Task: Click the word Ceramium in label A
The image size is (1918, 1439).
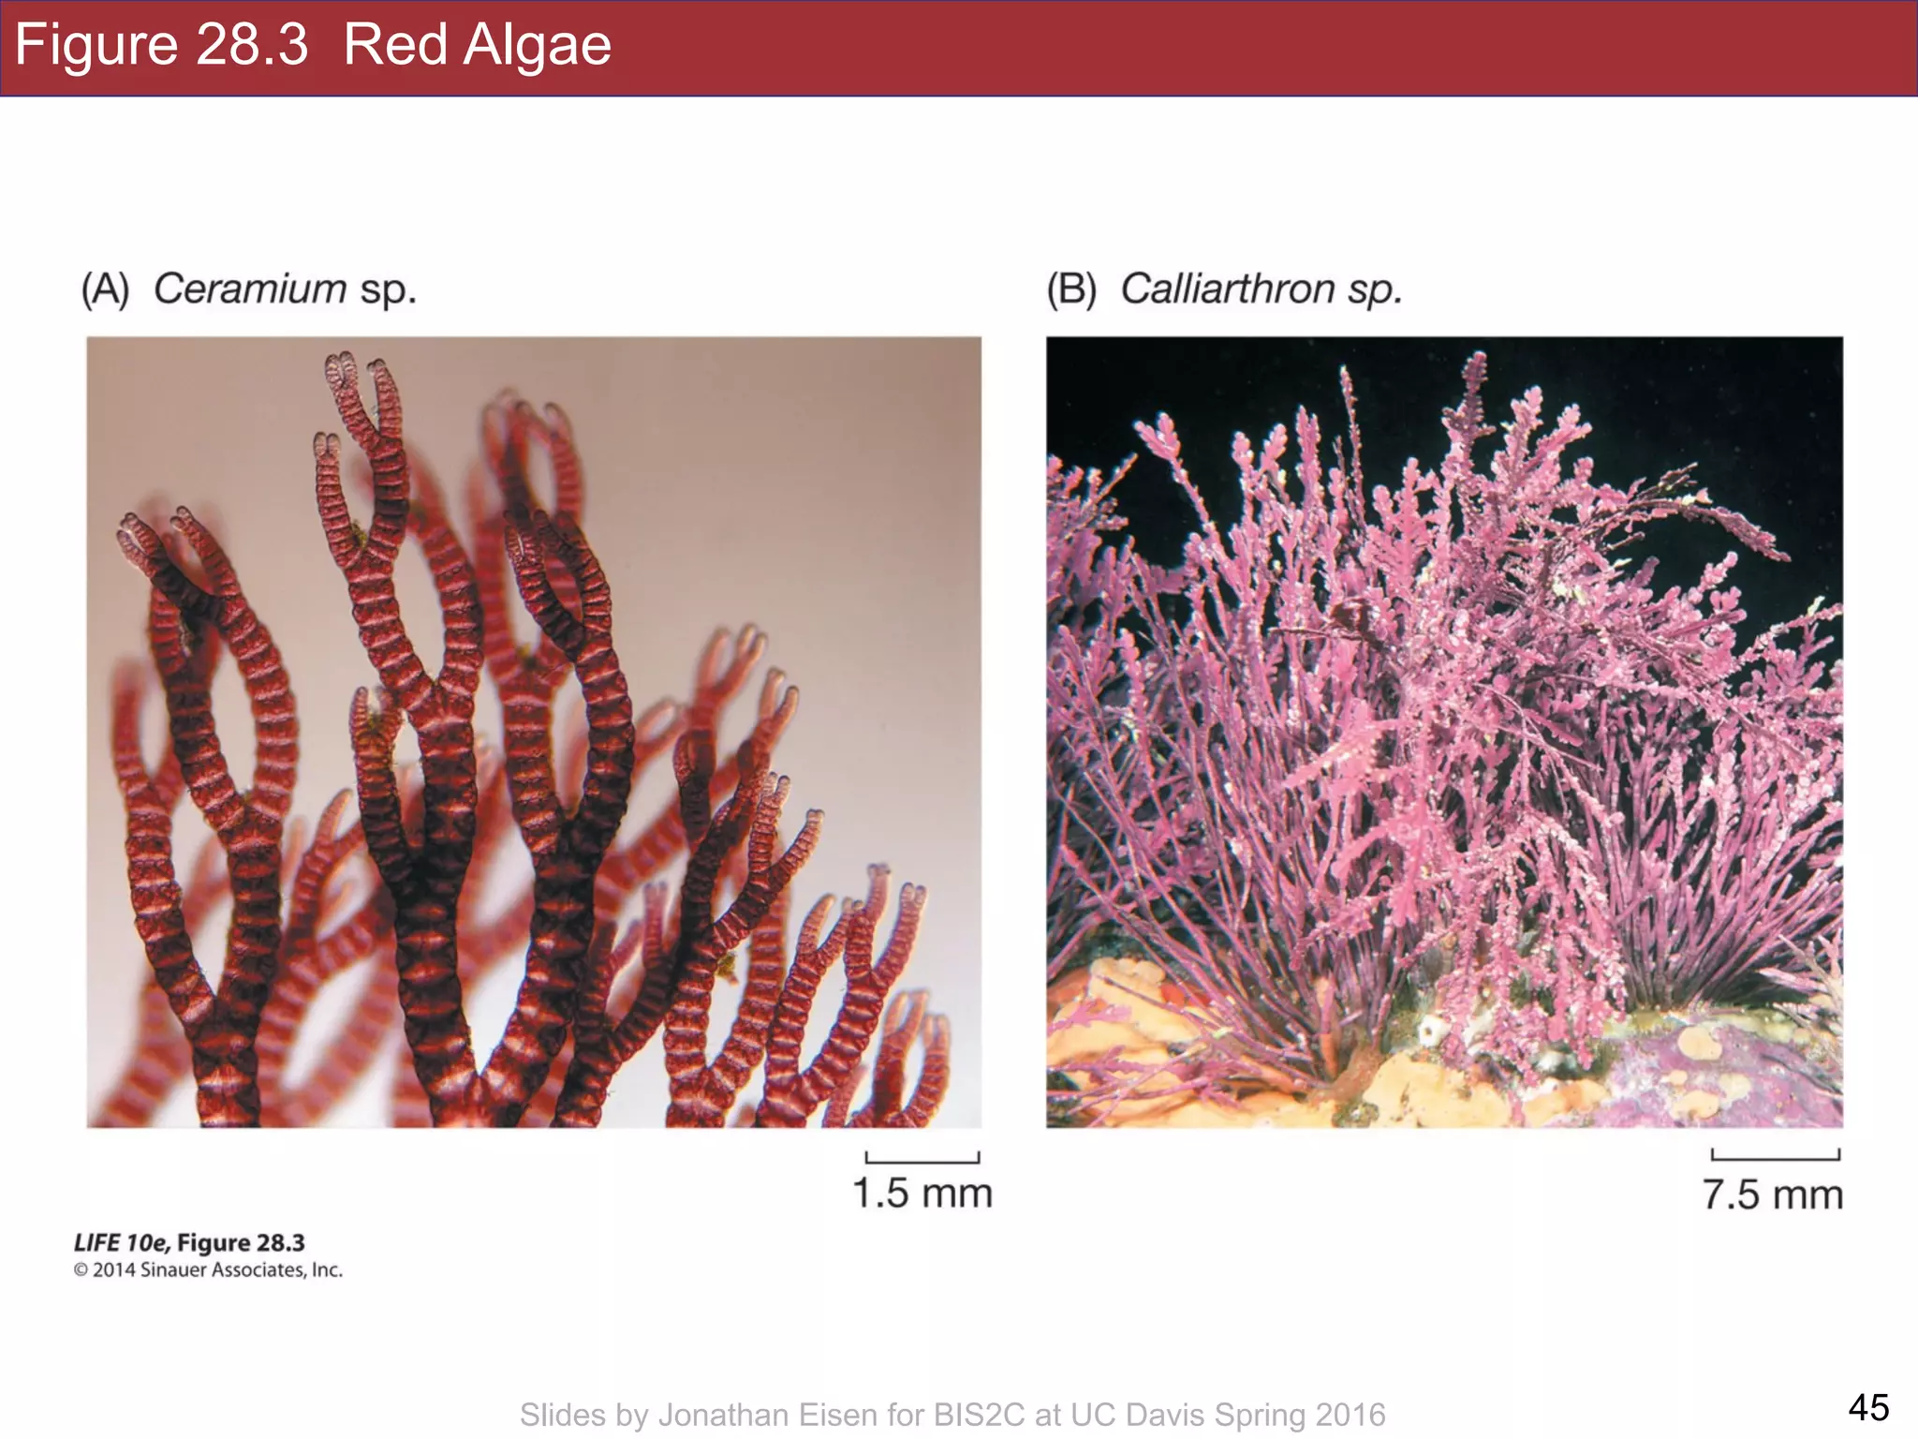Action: point(250,289)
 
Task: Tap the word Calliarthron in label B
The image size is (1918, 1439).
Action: point(1228,289)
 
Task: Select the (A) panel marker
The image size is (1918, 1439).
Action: point(105,289)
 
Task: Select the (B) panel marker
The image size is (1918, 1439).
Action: point(1071,289)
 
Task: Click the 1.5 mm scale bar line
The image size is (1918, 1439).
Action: point(922,1160)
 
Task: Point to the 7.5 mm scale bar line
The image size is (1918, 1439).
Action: point(1775,1157)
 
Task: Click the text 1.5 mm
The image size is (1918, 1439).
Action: point(922,1194)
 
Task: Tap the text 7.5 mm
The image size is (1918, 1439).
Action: point(1773,1194)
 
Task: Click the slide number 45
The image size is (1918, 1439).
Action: point(1868,1407)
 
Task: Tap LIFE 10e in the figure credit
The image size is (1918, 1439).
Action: point(122,1243)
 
